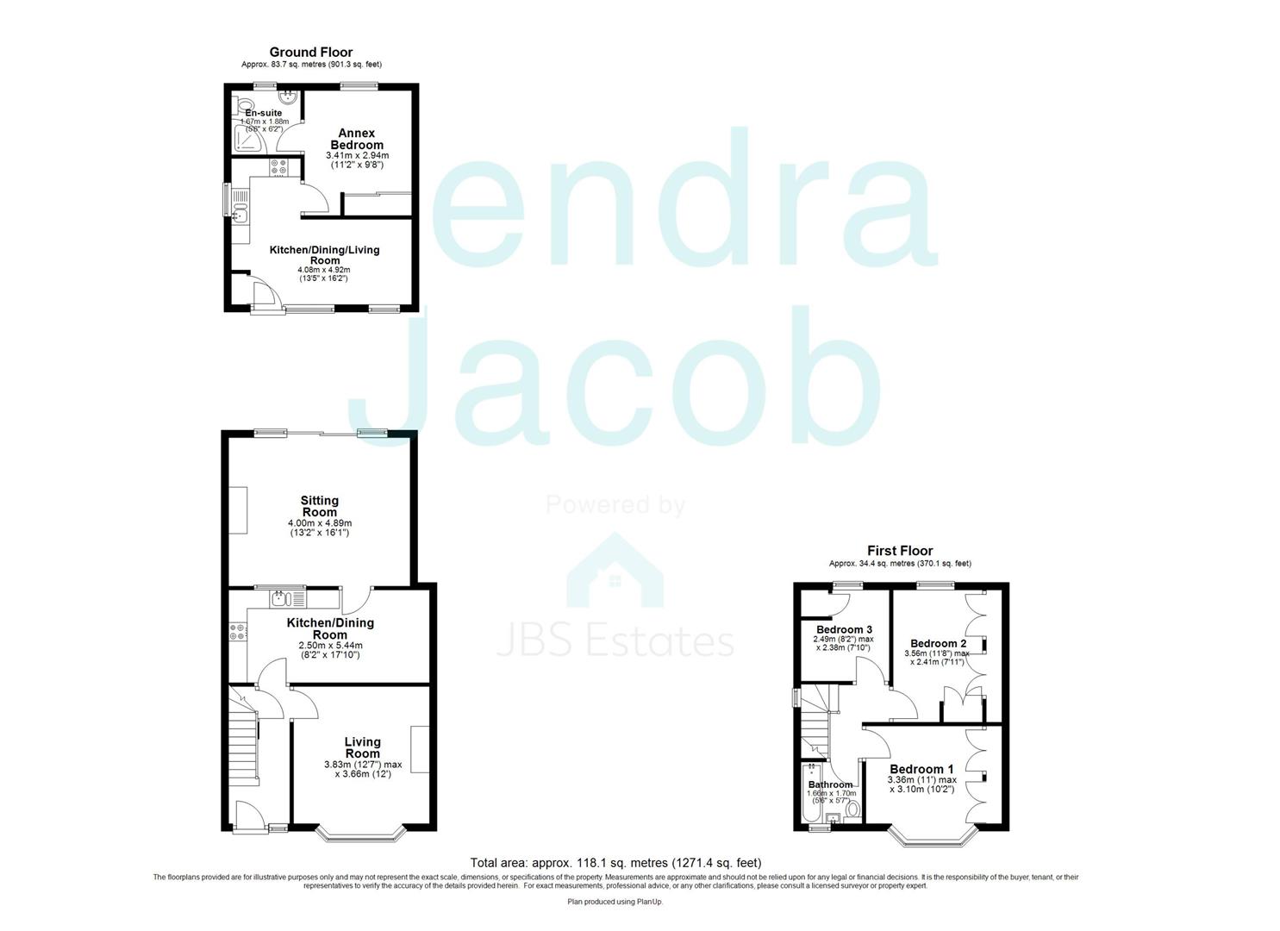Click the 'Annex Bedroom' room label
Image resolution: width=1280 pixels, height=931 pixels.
(356, 139)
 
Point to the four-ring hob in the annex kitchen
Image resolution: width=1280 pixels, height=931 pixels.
(281, 167)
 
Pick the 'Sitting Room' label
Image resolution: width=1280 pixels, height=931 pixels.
(319, 506)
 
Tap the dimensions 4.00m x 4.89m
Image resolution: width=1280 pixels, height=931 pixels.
(319, 523)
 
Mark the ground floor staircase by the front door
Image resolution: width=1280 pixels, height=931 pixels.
(244, 737)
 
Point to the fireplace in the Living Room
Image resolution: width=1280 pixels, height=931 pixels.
(420, 749)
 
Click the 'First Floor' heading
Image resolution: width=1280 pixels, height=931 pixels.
(900, 551)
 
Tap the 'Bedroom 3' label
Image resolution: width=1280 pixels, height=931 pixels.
(844, 630)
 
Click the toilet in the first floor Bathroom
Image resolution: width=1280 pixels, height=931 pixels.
(852, 809)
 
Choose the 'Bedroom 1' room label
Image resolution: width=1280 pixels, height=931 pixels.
(921, 769)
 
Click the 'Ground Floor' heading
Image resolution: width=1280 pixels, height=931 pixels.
(311, 53)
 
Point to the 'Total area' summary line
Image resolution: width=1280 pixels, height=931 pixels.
(615, 862)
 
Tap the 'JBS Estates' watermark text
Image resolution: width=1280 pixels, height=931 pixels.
(615, 642)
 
